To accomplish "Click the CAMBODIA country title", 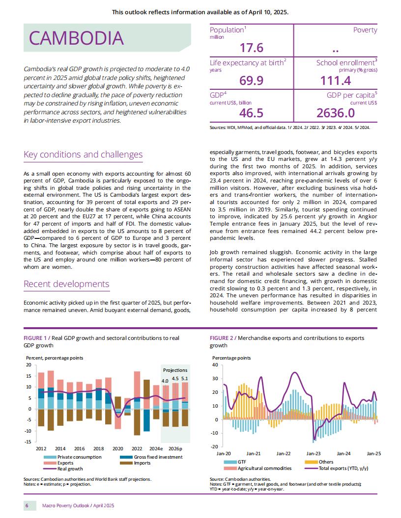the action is click(x=77, y=38).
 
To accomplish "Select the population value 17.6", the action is click(x=252, y=48).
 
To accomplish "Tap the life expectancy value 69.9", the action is click(x=252, y=80).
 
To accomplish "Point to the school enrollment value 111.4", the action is click(x=336, y=80).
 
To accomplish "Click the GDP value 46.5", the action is click(x=252, y=113).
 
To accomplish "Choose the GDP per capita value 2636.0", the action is click(x=336, y=113).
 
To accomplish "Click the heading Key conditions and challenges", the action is click(x=83, y=155).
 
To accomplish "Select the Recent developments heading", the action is click(x=66, y=284).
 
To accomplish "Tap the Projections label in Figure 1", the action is click(x=175, y=370).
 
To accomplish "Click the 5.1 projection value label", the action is click(x=185, y=379).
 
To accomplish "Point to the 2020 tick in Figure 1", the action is click(x=118, y=449).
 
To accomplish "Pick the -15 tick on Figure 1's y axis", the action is click(x=29, y=441).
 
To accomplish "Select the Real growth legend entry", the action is click(x=63, y=469).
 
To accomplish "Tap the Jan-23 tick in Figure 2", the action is click(x=314, y=454).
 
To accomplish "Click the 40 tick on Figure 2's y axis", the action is click(x=215, y=365).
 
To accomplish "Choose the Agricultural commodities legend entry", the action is click(x=258, y=468).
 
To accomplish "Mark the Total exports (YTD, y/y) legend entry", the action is click(x=337, y=468).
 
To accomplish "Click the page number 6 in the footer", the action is click(x=27, y=505).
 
